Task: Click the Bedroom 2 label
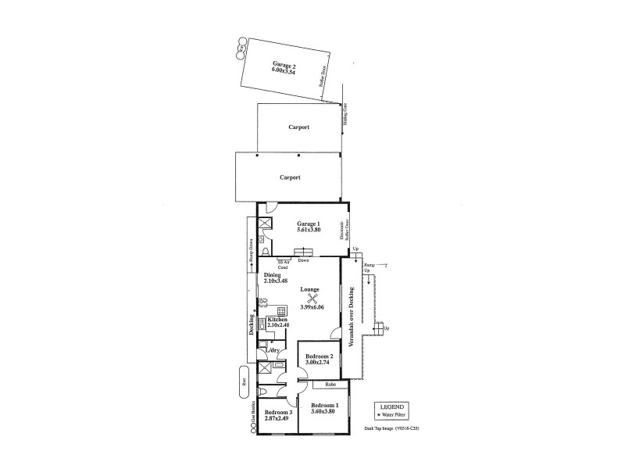320,356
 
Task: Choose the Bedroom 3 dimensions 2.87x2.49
277,419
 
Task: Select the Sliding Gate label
345,117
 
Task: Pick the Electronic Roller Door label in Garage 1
342,230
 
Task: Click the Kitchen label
277,320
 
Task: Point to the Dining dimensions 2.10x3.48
276,281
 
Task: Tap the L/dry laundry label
274,351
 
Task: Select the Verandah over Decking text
351,322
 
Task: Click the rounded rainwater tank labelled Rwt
244,384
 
